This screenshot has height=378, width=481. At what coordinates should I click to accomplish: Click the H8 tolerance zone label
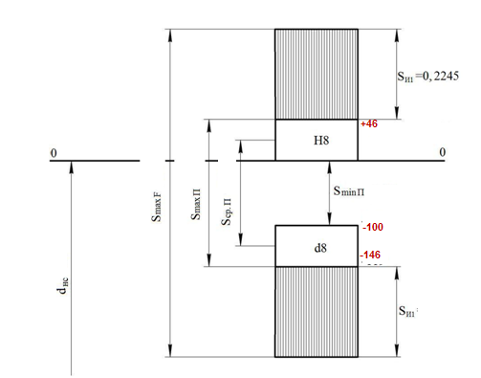tap(321, 141)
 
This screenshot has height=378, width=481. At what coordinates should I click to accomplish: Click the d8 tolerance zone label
tap(320, 248)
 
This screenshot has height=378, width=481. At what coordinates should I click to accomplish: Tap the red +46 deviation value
tap(369, 123)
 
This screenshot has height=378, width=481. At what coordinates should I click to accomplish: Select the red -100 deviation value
tap(373, 227)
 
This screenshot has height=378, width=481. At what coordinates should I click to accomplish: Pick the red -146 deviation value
tap(370, 255)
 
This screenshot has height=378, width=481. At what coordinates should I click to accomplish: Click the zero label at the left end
tap(54, 153)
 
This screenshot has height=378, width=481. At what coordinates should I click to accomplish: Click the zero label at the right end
tap(442, 152)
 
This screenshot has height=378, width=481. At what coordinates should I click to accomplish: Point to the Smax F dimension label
tap(157, 207)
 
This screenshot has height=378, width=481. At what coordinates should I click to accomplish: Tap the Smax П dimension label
tap(196, 205)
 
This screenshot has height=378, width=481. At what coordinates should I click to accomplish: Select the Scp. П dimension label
tap(227, 211)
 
